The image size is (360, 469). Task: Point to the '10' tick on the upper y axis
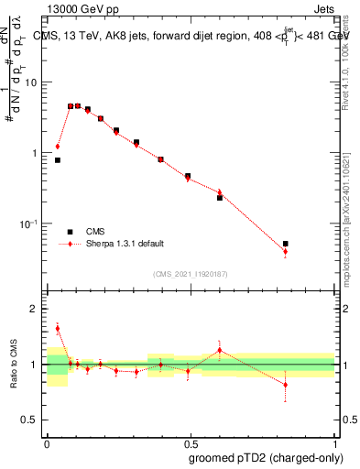(x=31, y=82)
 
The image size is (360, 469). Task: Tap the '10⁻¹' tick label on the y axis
(x=29, y=223)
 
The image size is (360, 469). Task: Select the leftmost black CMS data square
(x=58, y=160)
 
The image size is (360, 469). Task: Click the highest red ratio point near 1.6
(x=58, y=328)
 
